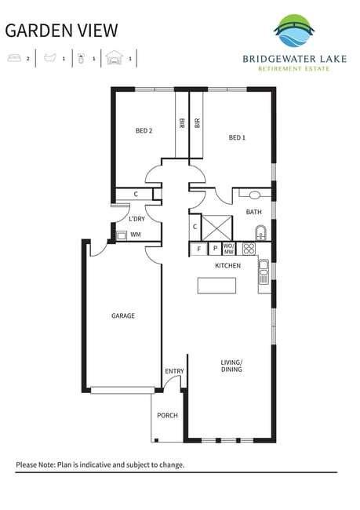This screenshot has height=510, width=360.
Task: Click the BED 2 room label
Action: (144, 131)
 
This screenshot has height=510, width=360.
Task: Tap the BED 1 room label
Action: (237, 137)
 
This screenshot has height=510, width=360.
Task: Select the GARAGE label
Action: (123, 315)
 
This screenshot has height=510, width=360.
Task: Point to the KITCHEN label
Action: (228, 265)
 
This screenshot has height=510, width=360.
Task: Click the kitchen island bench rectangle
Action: (217, 286)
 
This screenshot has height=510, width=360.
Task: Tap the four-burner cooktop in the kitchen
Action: (249, 249)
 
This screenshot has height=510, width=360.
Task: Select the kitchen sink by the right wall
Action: (264, 271)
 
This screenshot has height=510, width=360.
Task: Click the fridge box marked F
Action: (198, 250)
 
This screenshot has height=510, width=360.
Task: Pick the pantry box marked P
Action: (215, 249)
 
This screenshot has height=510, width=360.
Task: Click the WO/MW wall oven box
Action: (228, 249)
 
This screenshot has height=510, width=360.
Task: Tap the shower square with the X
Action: (217, 228)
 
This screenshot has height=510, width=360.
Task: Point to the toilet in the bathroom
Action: (261, 232)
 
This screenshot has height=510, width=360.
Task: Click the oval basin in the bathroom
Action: (255, 195)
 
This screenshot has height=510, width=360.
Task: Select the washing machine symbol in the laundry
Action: (122, 235)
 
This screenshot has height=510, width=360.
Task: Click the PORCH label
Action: (168, 415)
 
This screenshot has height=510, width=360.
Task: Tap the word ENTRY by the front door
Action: (174, 371)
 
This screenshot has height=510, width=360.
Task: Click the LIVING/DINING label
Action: (231, 366)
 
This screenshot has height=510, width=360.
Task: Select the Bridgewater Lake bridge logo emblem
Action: (294, 31)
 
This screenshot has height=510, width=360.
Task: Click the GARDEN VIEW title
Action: (61, 31)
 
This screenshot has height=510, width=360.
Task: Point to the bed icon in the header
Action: (14, 58)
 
